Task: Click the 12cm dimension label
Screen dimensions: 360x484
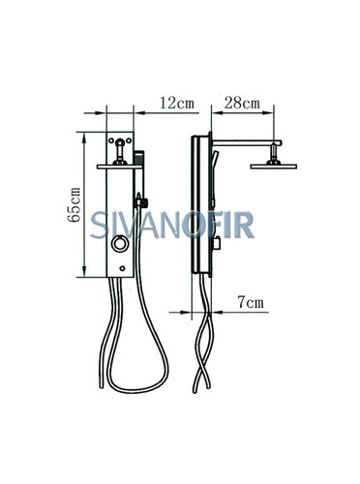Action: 177,103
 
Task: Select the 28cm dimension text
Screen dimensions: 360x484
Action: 242,103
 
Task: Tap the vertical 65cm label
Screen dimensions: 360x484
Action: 74,204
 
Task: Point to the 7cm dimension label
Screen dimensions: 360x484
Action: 251,302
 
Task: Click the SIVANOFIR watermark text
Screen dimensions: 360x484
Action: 172,225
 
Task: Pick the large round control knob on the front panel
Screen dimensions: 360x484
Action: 120,244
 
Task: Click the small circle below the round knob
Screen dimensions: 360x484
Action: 122,268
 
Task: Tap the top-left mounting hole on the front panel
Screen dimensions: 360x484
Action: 111,140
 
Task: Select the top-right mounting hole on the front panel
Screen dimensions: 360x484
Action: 129,140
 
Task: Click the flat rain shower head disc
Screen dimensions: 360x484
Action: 274,166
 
